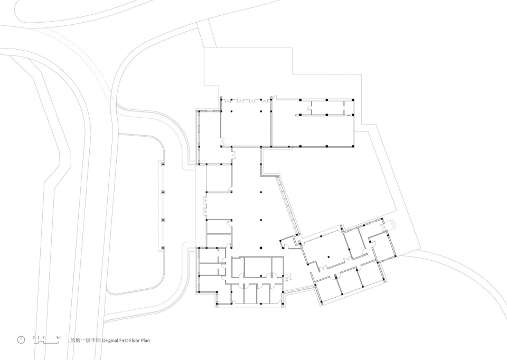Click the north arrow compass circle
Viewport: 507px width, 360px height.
[21, 339]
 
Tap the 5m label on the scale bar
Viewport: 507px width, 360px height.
[59, 337]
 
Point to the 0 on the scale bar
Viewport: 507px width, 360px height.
[34, 337]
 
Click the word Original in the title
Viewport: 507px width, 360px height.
[110, 340]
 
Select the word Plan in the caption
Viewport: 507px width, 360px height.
[146, 340]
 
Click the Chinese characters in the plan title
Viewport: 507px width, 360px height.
[86, 340]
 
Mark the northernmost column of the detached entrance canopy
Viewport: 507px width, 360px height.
[163, 165]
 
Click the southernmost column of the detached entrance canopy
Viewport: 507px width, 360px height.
[163, 248]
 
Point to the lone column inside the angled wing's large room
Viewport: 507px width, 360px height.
[328, 257]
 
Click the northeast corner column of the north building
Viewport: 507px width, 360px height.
[353, 100]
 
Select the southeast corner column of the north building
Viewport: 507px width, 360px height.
[353, 146]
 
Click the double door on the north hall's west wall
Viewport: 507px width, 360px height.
[222, 141]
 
